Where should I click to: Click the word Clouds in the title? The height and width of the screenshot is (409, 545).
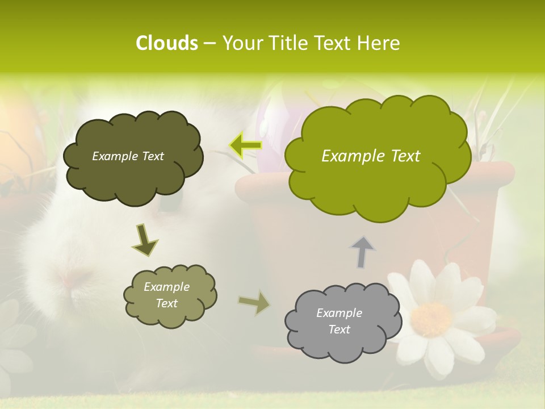[x=166, y=43]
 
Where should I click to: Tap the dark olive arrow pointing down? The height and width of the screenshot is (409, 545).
[x=145, y=239]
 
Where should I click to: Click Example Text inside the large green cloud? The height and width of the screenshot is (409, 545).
[x=371, y=156]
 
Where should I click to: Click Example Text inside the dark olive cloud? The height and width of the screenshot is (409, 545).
[x=128, y=156]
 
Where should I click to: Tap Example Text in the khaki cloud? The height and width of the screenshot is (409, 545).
[x=166, y=295]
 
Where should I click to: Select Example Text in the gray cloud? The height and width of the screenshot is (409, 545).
[x=339, y=321]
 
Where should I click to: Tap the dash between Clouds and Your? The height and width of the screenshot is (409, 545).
[x=209, y=44]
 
